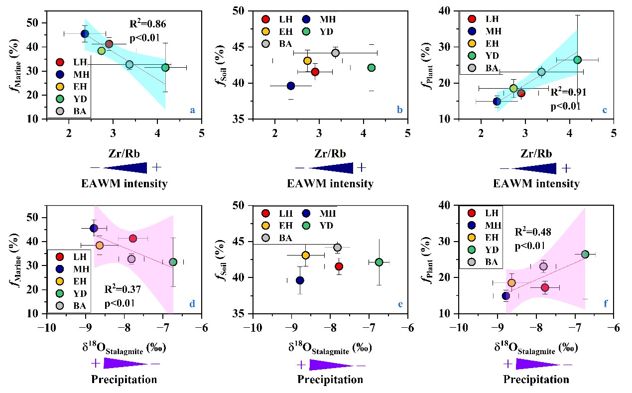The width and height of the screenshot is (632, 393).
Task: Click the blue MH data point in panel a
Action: [x=85, y=34]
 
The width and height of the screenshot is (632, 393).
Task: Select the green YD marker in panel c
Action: [x=577, y=60]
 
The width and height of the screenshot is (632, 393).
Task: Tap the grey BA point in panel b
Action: [x=335, y=53]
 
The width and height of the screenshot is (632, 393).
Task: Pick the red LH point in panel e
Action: [x=339, y=266]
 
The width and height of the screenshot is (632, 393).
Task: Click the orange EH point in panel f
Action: [x=511, y=283]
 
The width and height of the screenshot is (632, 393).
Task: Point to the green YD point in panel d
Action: [x=173, y=262]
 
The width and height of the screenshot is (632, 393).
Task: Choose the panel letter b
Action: [x=399, y=110]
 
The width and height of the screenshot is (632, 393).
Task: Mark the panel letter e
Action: [x=399, y=304]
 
